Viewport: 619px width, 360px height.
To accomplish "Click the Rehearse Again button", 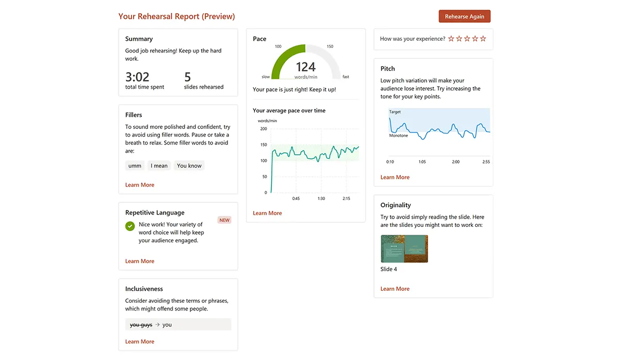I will pyautogui.click(x=464, y=17).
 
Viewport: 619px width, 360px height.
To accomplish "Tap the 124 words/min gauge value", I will pyautogui.click(x=305, y=67).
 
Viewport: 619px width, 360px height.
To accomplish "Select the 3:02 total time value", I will pyautogui.click(x=137, y=77).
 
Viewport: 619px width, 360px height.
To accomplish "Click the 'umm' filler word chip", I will pyautogui.click(x=135, y=166).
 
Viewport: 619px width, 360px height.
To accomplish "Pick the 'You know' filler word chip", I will pyautogui.click(x=189, y=166).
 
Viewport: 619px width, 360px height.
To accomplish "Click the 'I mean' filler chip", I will pyautogui.click(x=159, y=166).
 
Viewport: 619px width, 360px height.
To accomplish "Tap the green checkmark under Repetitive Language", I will pyautogui.click(x=130, y=226).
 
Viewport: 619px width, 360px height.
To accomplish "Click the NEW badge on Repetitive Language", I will pyautogui.click(x=224, y=220).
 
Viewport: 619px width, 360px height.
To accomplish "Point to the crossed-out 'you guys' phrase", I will pyautogui.click(x=141, y=325).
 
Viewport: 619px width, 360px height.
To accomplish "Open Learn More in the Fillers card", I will pyautogui.click(x=140, y=185).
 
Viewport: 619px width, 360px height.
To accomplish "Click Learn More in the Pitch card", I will pyautogui.click(x=395, y=177).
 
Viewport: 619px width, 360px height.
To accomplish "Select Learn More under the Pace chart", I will pyautogui.click(x=267, y=213).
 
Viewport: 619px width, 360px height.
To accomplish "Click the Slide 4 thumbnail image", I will pyautogui.click(x=404, y=249).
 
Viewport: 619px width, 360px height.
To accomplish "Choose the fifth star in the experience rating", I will pyautogui.click(x=483, y=39).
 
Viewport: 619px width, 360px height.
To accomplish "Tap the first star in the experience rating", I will pyautogui.click(x=451, y=39).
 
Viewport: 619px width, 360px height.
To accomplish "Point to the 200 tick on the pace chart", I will pyautogui.click(x=264, y=129).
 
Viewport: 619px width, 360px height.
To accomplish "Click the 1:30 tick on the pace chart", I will pyautogui.click(x=321, y=199).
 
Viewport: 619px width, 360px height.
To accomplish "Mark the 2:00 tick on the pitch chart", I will pyautogui.click(x=455, y=162).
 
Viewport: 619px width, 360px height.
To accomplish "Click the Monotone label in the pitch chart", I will pyautogui.click(x=399, y=136).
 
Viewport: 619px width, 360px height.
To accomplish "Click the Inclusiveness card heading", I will pyautogui.click(x=144, y=289).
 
